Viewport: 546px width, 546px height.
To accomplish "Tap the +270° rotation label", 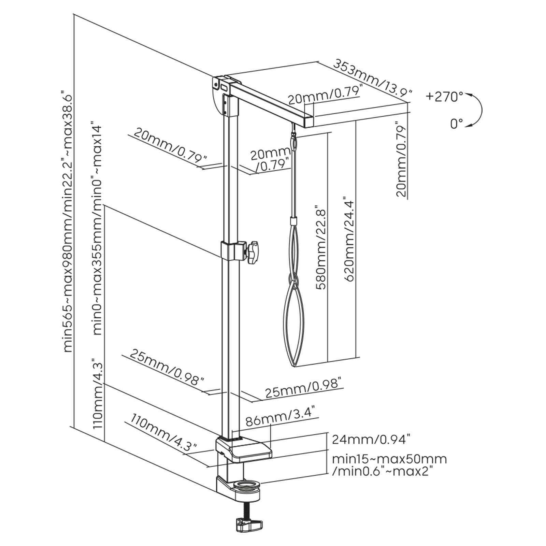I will (444, 97).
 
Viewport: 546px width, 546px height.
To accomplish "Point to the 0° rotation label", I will (456, 124).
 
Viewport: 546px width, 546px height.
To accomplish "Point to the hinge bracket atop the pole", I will (222, 85).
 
